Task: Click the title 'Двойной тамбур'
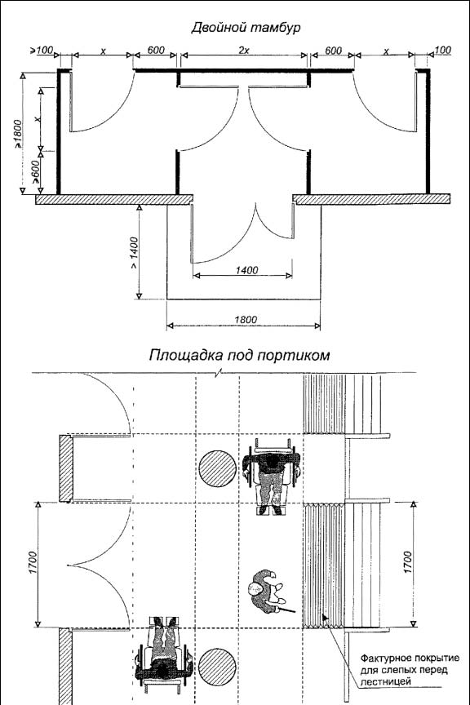[246, 28]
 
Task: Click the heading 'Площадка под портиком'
[239, 355]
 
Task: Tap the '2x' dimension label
[243, 51]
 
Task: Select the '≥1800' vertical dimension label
[17, 134]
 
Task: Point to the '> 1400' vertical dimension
[134, 253]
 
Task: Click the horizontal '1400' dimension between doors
[247, 270]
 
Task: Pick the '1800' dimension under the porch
[246, 319]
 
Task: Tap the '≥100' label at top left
[42, 50]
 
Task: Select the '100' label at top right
[443, 50]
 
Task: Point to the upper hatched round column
[218, 468]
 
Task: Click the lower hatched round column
[218, 667]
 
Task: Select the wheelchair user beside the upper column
[272, 477]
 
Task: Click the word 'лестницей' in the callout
[386, 681]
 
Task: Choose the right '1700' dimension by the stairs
[408, 562]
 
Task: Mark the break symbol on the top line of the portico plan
[219, 373]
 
